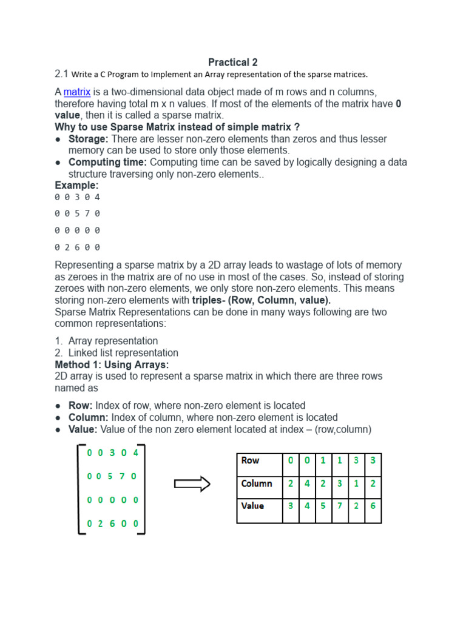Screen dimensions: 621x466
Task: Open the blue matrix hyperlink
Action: click(x=77, y=92)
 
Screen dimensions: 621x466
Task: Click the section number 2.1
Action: click(x=61, y=74)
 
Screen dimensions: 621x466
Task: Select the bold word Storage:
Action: click(x=88, y=139)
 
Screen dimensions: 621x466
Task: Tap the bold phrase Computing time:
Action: click(x=107, y=163)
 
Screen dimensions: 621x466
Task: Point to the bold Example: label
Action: click(x=76, y=186)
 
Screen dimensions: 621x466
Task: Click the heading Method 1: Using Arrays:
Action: click(x=112, y=364)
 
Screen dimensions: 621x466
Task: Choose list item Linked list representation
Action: click(x=123, y=353)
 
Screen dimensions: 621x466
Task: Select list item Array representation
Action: click(x=113, y=341)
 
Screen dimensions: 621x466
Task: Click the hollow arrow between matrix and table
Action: click(x=192, y=484)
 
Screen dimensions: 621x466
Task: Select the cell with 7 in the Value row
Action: click(x=340, y=506)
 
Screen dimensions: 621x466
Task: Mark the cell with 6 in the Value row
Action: click(x=373, y=506)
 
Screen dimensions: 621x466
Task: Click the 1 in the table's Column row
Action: click(x=356, y=484)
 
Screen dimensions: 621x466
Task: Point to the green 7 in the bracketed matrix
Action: click(x=122, y=477)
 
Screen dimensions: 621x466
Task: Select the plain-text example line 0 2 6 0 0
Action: click(x=77, y=247)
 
